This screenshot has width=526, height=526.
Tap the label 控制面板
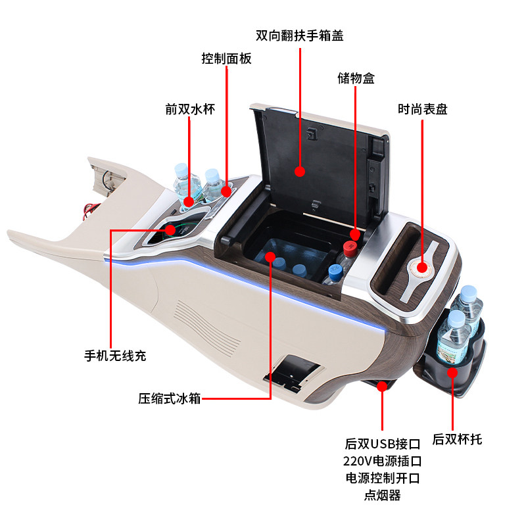[226, 59]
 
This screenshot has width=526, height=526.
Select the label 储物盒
[356, 78]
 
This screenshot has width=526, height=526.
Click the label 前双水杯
[190, 109]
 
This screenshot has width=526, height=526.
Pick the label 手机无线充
[115, 356]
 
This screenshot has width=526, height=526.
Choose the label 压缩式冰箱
[169, 398]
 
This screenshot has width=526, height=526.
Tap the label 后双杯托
[457, 439]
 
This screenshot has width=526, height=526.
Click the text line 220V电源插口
[382, 461]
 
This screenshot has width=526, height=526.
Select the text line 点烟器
[382, 495]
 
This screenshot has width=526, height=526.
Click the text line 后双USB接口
[382, 444]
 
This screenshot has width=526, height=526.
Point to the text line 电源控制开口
[382, 478]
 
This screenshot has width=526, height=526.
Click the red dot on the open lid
[300, 172]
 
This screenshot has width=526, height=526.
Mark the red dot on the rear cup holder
[452, 373]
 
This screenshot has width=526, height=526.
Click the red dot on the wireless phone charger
[170, 229]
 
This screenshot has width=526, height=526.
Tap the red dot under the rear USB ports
[382, 387]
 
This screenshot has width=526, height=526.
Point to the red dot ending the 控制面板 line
[227, 192]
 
